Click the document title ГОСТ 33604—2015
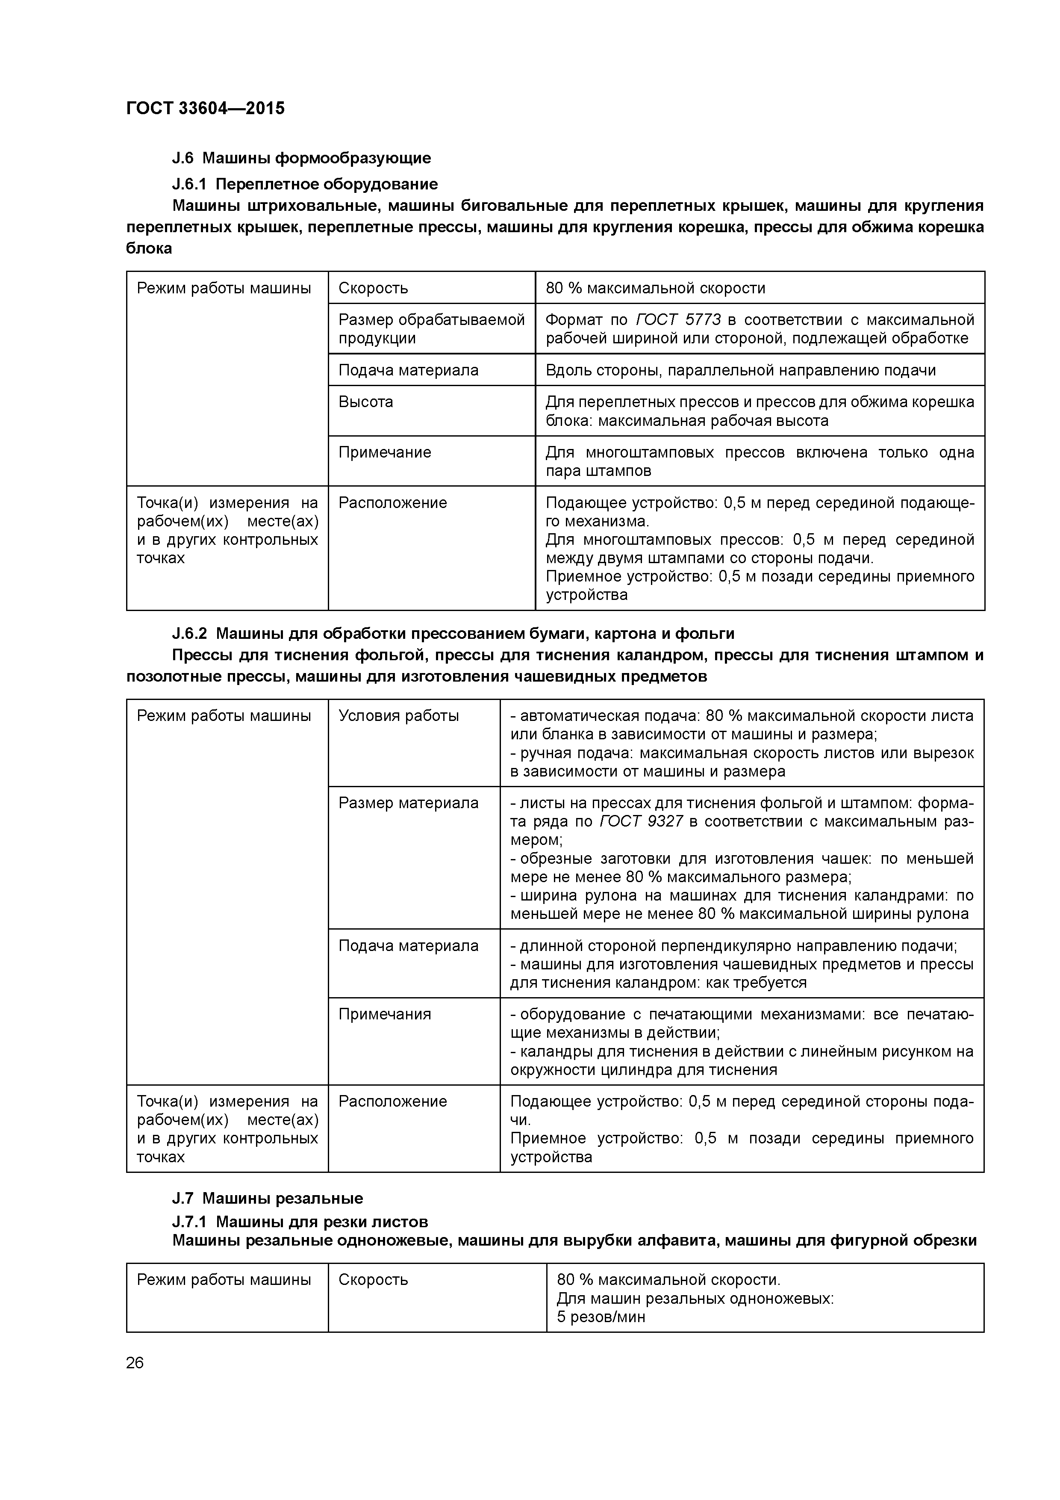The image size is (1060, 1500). pos(205,109)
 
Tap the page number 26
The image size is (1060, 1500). pos(135,1363)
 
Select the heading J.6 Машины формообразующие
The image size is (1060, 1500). pos(301,158)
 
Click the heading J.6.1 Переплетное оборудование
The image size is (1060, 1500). pos(304,183)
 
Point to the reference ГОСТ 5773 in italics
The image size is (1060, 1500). pos(678,319)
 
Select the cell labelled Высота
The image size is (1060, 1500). pos(366,402)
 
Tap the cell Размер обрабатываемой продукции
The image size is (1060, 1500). pos(431,329)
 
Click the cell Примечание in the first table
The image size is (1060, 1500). pos(385,452)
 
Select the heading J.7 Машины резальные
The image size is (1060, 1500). pos(267,1198)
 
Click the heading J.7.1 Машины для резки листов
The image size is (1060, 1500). pos(300,1221)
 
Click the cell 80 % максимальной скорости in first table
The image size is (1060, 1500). pos(655,288)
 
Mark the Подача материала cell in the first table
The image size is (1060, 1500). pos(408,370)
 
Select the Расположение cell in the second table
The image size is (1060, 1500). pos(392,1101)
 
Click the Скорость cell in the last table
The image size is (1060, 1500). pos(373,1280)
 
